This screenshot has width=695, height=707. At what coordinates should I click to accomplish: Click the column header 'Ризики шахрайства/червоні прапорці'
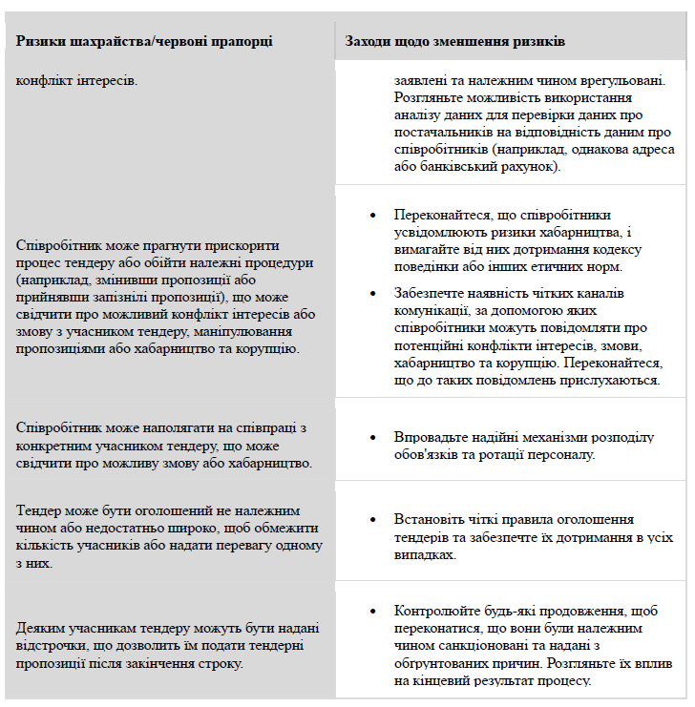pos(144,42)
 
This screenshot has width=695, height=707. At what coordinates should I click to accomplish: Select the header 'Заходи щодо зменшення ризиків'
pos(455,42)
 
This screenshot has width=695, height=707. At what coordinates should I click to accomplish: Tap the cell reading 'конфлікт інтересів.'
pos(76,79)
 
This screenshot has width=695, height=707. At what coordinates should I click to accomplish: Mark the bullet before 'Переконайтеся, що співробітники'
pos(372,216)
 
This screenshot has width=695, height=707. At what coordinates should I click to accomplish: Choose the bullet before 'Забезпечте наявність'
pos(372,293)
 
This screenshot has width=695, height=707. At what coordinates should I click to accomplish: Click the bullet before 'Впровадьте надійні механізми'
pos(372,438)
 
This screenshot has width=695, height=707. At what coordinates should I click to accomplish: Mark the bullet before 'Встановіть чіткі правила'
pos(372,520)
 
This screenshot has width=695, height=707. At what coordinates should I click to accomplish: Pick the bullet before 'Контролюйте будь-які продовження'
pos(372,610)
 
